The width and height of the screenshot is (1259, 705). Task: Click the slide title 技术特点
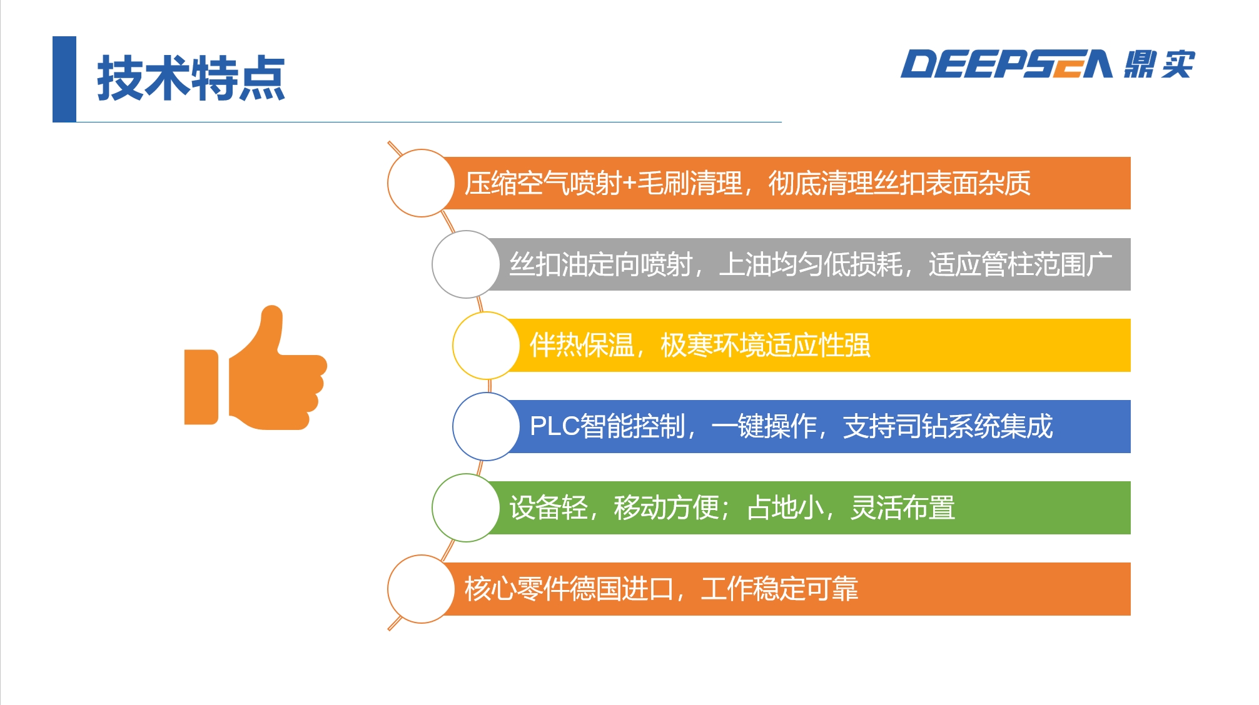tap(191, 78)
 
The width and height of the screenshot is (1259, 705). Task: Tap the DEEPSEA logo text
tap(1006, 64)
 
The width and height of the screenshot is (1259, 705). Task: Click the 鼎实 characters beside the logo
tap(1159, 64)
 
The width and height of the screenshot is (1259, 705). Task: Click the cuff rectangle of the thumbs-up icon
tap(201, 387)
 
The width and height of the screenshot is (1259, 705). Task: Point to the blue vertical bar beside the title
tap(64, 79)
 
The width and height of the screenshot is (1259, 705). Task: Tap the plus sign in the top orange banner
tap(629, 184)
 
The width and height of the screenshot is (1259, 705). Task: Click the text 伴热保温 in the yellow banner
tap(582, 345)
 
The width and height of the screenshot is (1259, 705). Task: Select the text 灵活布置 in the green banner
tap(903, 507)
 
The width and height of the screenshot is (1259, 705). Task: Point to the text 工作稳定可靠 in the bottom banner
tap(779, 589)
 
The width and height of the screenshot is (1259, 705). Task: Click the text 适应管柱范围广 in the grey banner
tap(1020, 264)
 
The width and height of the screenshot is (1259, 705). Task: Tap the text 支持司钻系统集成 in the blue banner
tap(948, 426)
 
